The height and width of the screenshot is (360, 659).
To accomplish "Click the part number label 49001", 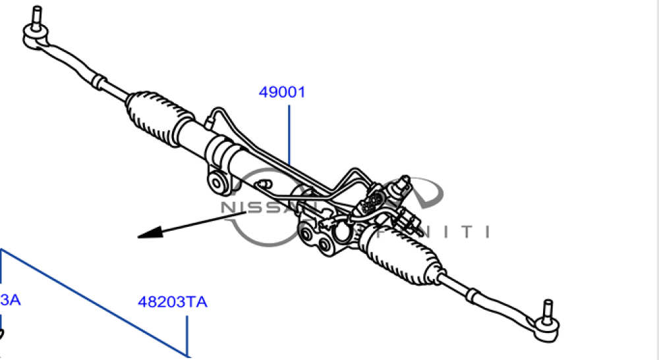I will pyautogui.click(x=282, y=92).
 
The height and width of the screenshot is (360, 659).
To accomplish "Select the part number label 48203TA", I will pyautogui.click(x=173, y=302).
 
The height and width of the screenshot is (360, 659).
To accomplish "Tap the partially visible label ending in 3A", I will pyautogui.click(x=11, y=300).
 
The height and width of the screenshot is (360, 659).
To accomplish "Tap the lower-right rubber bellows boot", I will pyautogui.click(x=402, y=253).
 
